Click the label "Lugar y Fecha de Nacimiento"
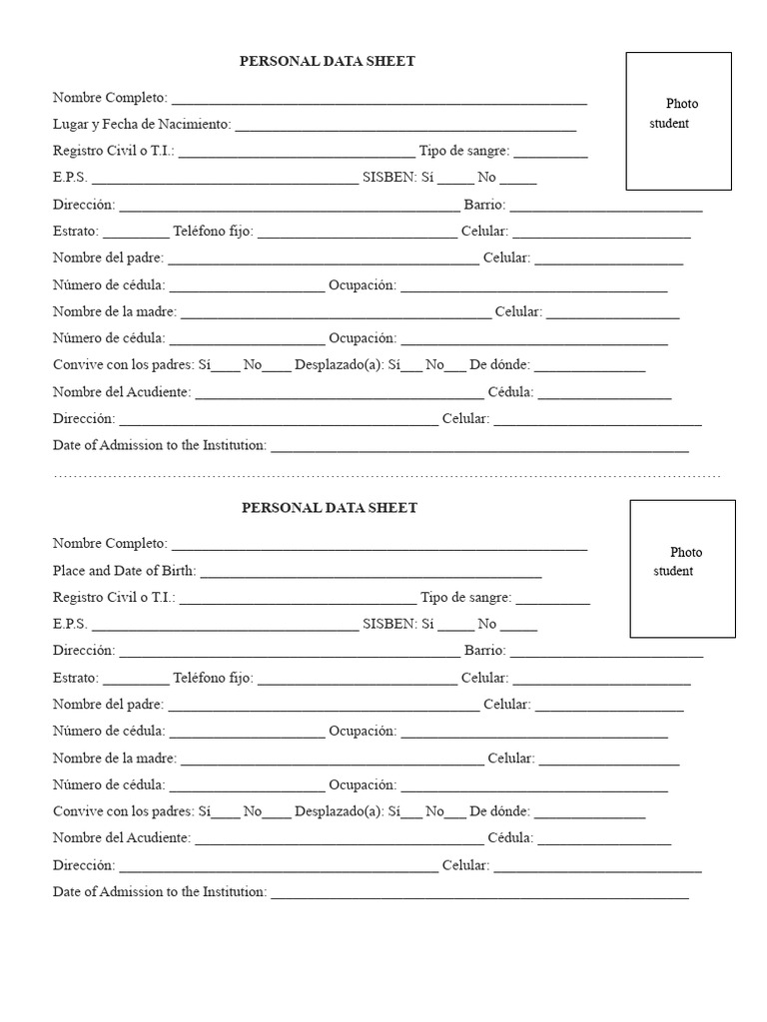tap(142, 125)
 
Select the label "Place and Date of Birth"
tap(124, 572)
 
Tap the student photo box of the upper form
tap(678, 121)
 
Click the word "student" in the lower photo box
tap(673, 571)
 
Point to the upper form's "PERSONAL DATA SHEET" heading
tap(327, 62)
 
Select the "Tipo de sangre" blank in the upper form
tap(551, 153)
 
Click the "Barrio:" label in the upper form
tap(484, 206)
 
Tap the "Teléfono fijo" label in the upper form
tap(213, 233)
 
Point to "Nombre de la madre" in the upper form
tap(114, 312)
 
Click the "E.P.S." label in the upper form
tap(70, 179)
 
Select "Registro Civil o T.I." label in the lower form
tap(114, 598)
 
